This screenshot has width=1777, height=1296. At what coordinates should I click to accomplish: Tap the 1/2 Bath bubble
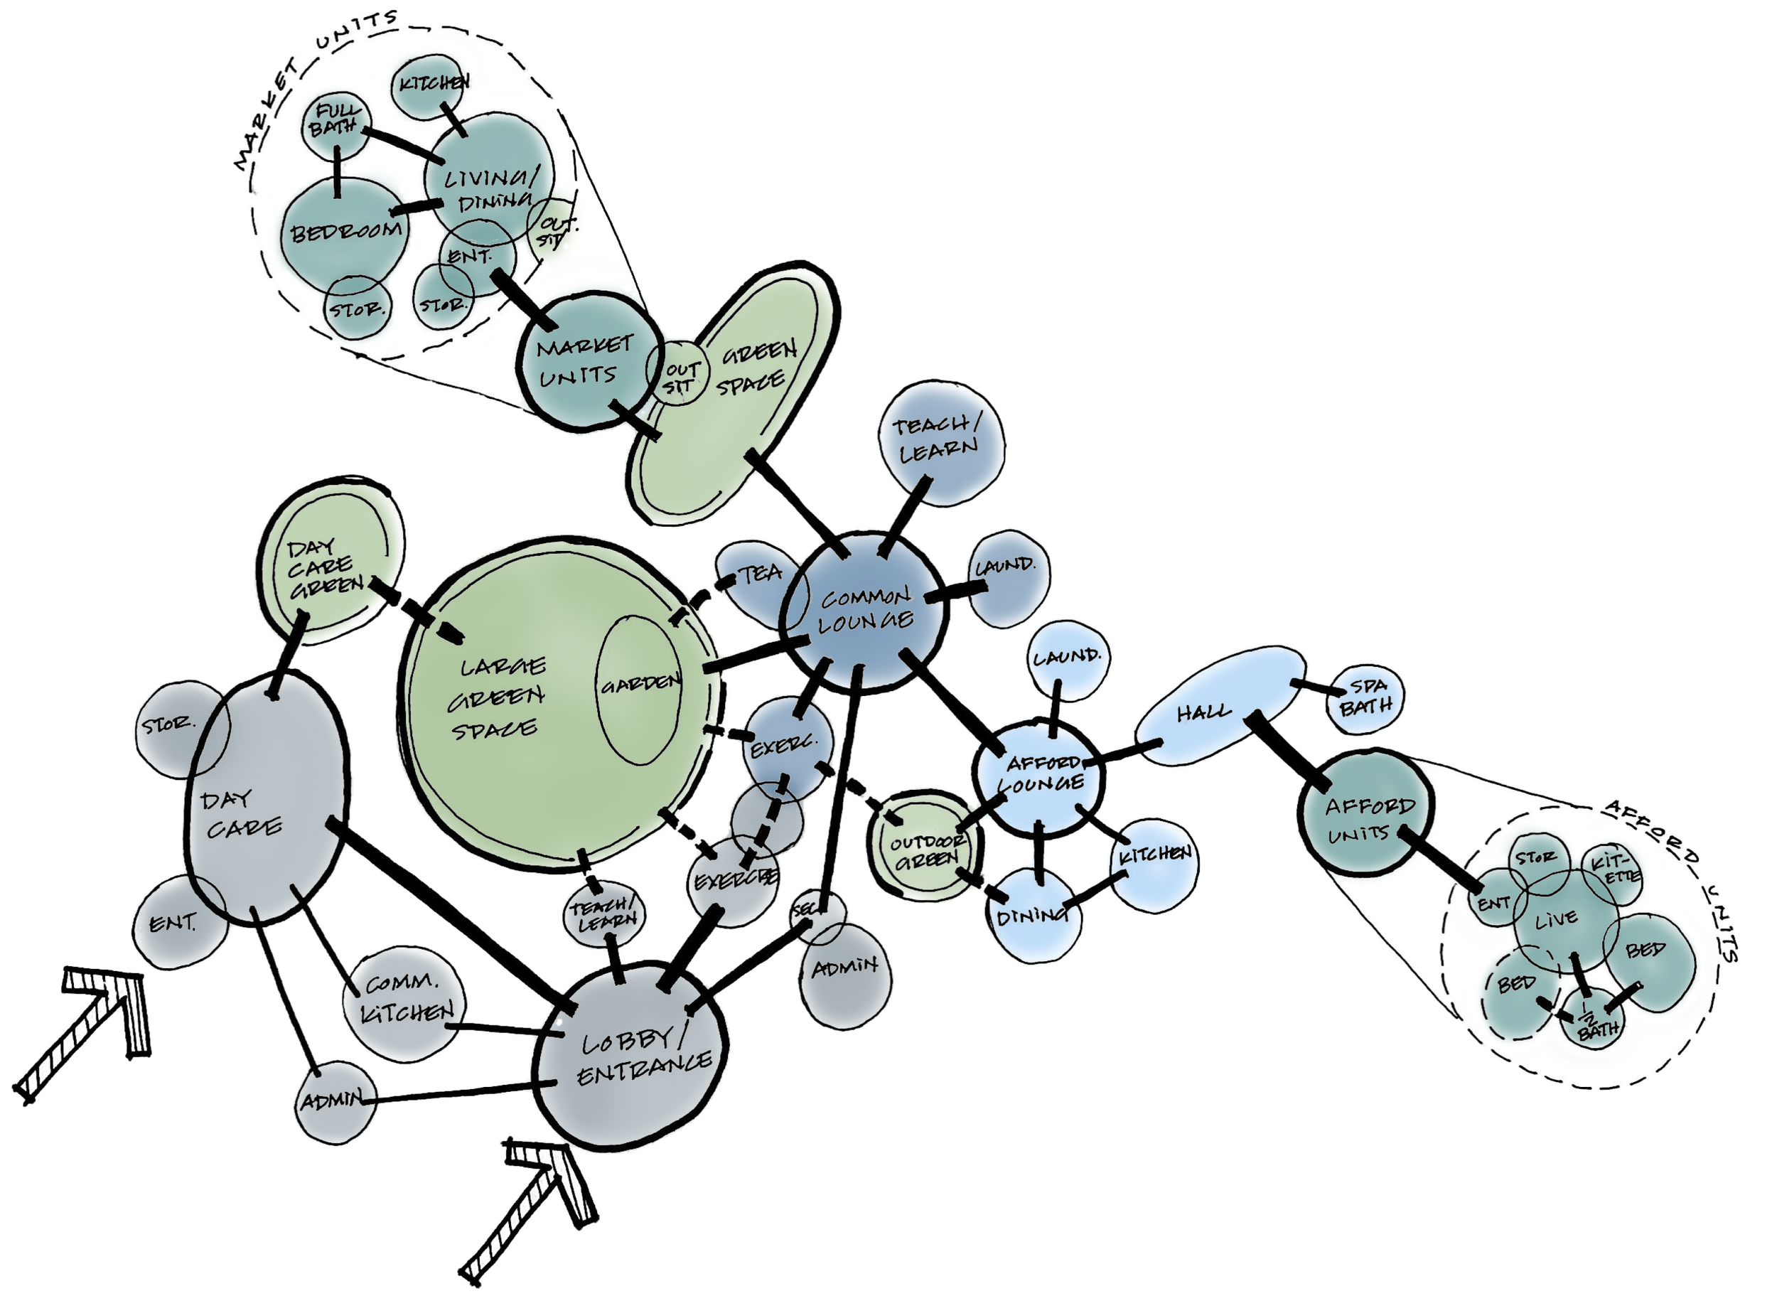pyautogui.click(x=1592, y=1020)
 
